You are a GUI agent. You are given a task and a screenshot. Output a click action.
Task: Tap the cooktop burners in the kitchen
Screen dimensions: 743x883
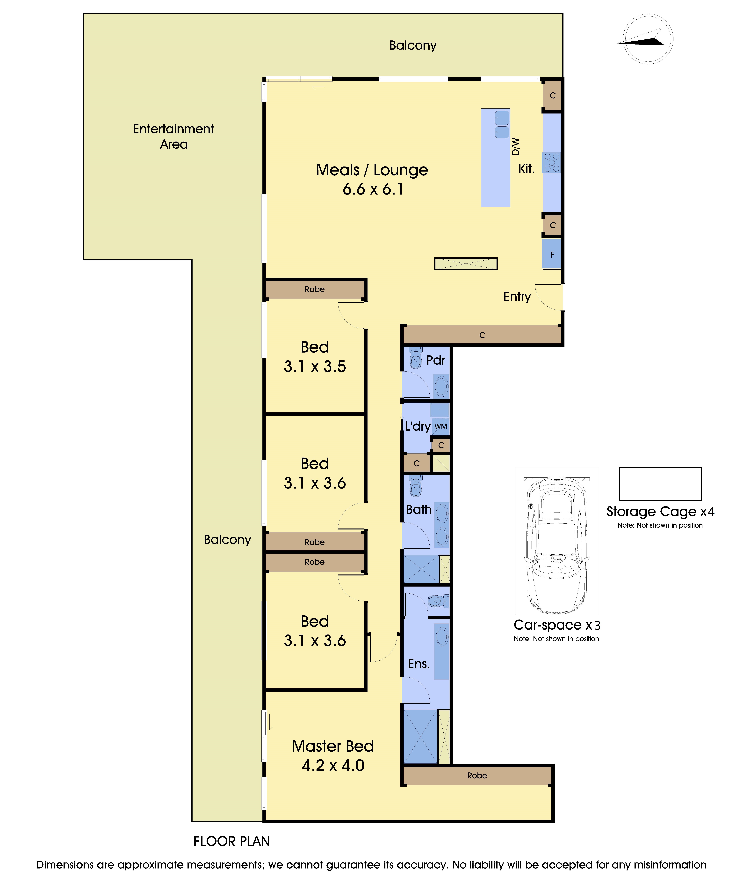tap(551, 163)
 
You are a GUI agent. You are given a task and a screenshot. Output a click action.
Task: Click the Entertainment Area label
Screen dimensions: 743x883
tap(173, 136)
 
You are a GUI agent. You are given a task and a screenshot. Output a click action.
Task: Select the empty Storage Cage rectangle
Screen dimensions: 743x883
tap(660, 484)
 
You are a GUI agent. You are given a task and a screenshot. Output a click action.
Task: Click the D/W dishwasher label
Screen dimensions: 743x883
tap(516, 147)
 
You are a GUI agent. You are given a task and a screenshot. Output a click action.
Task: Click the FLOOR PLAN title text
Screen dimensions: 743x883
tap(232, 841)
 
